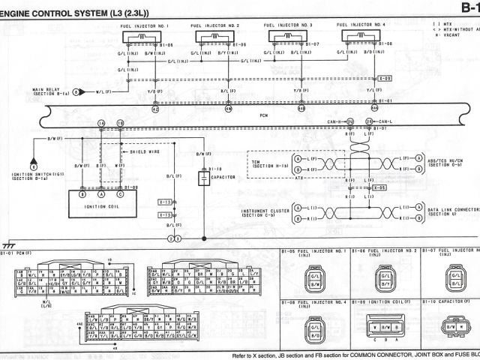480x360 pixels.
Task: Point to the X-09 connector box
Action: (385, 78)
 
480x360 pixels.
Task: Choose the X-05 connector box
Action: (382, 187)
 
